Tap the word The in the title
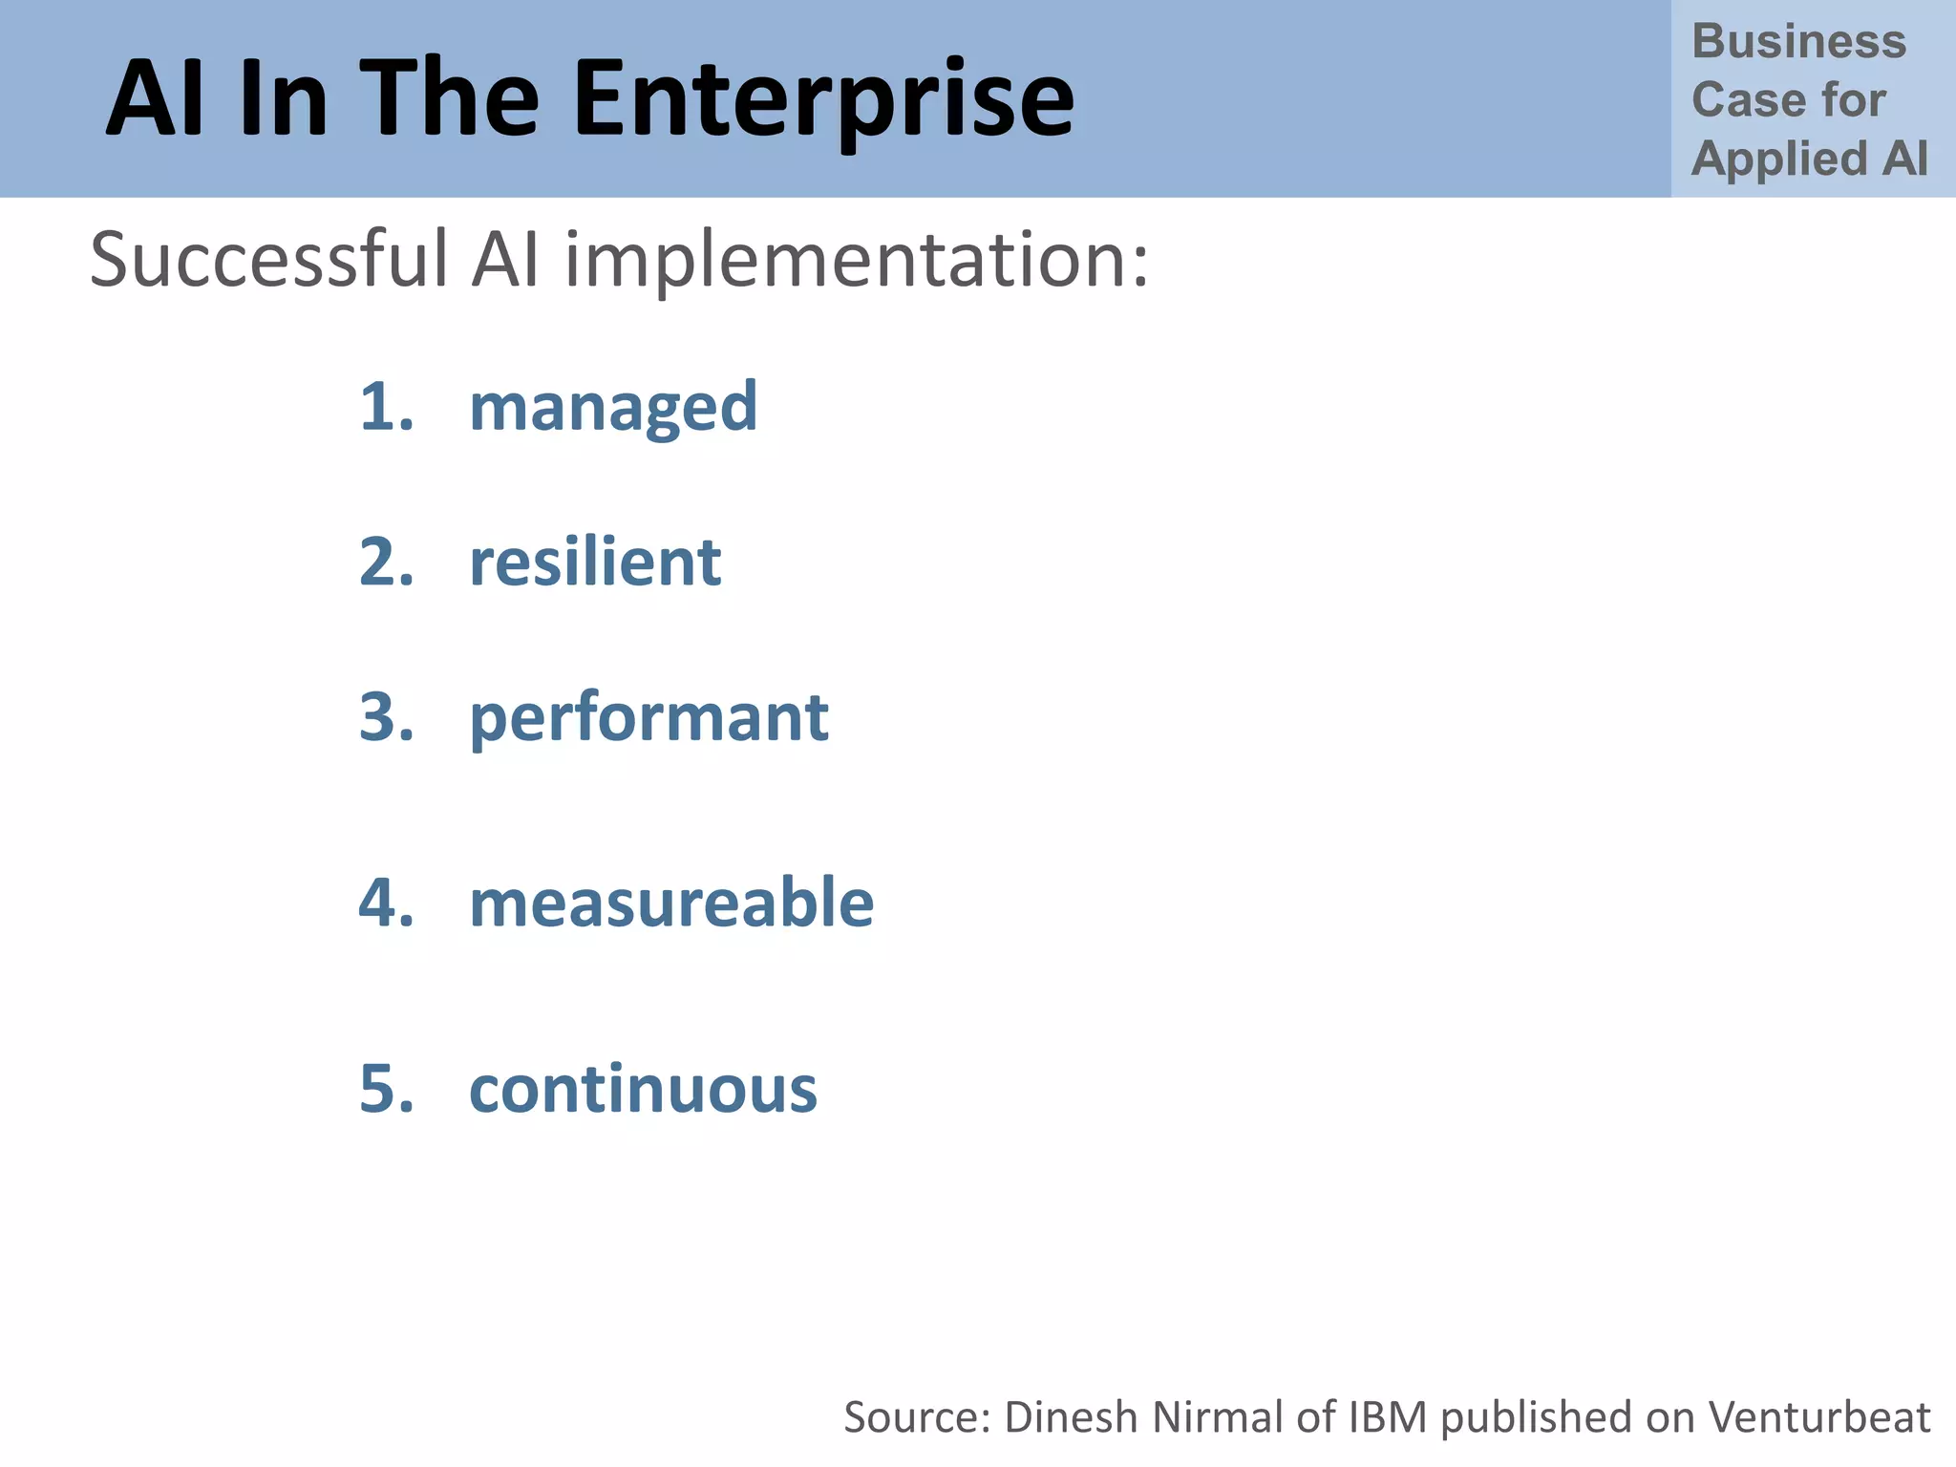click(453, 98)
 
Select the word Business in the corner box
click(1798, 42)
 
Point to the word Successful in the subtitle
click(268, 260)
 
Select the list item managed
click(613, 409)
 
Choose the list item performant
click(648, 718)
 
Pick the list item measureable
click(671, 903)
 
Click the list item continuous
click(643, 1089)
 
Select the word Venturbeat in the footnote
click(1818, 1417)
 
